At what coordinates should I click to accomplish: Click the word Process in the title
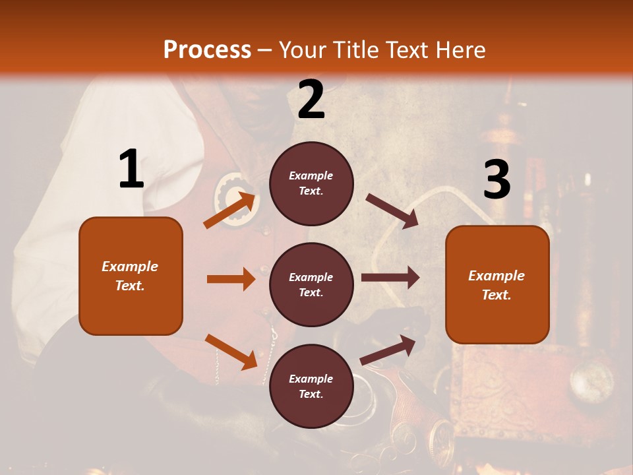[207, 50]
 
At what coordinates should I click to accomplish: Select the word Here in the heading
[460, 50]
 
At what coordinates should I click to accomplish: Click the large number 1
[131, 169]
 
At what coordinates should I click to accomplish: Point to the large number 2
[311, 100]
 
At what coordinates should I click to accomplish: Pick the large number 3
[497, 180]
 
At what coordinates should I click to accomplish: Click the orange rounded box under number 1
[131, 276]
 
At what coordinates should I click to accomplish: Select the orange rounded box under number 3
[497, 284]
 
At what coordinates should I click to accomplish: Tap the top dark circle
[311, 183]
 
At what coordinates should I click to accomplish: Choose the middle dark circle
[311, 284]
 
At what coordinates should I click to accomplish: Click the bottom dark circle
[311, 386]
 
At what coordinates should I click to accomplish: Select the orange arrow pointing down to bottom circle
[231, 352]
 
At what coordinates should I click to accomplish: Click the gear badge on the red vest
[233, 199]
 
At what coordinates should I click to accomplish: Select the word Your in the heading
[301, 50]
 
